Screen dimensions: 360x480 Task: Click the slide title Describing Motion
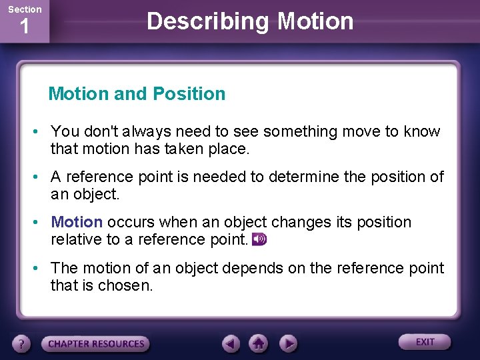(250, 21)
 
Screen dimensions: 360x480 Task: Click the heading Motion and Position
(137, 94)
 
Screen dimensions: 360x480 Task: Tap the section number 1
(25, 27)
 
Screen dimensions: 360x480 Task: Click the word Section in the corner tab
(25, 9)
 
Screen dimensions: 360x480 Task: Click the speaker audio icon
(259, 239)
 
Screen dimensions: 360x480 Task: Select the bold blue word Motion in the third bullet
(77, 222)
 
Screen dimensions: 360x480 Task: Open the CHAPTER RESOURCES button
(96, 344)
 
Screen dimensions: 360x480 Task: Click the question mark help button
(22, 344)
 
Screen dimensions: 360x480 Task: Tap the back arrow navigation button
(231, 344)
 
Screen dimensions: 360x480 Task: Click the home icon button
(259, 344)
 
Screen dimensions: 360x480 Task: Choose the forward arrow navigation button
(287, 344)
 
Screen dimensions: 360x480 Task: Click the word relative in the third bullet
(75, 239)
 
